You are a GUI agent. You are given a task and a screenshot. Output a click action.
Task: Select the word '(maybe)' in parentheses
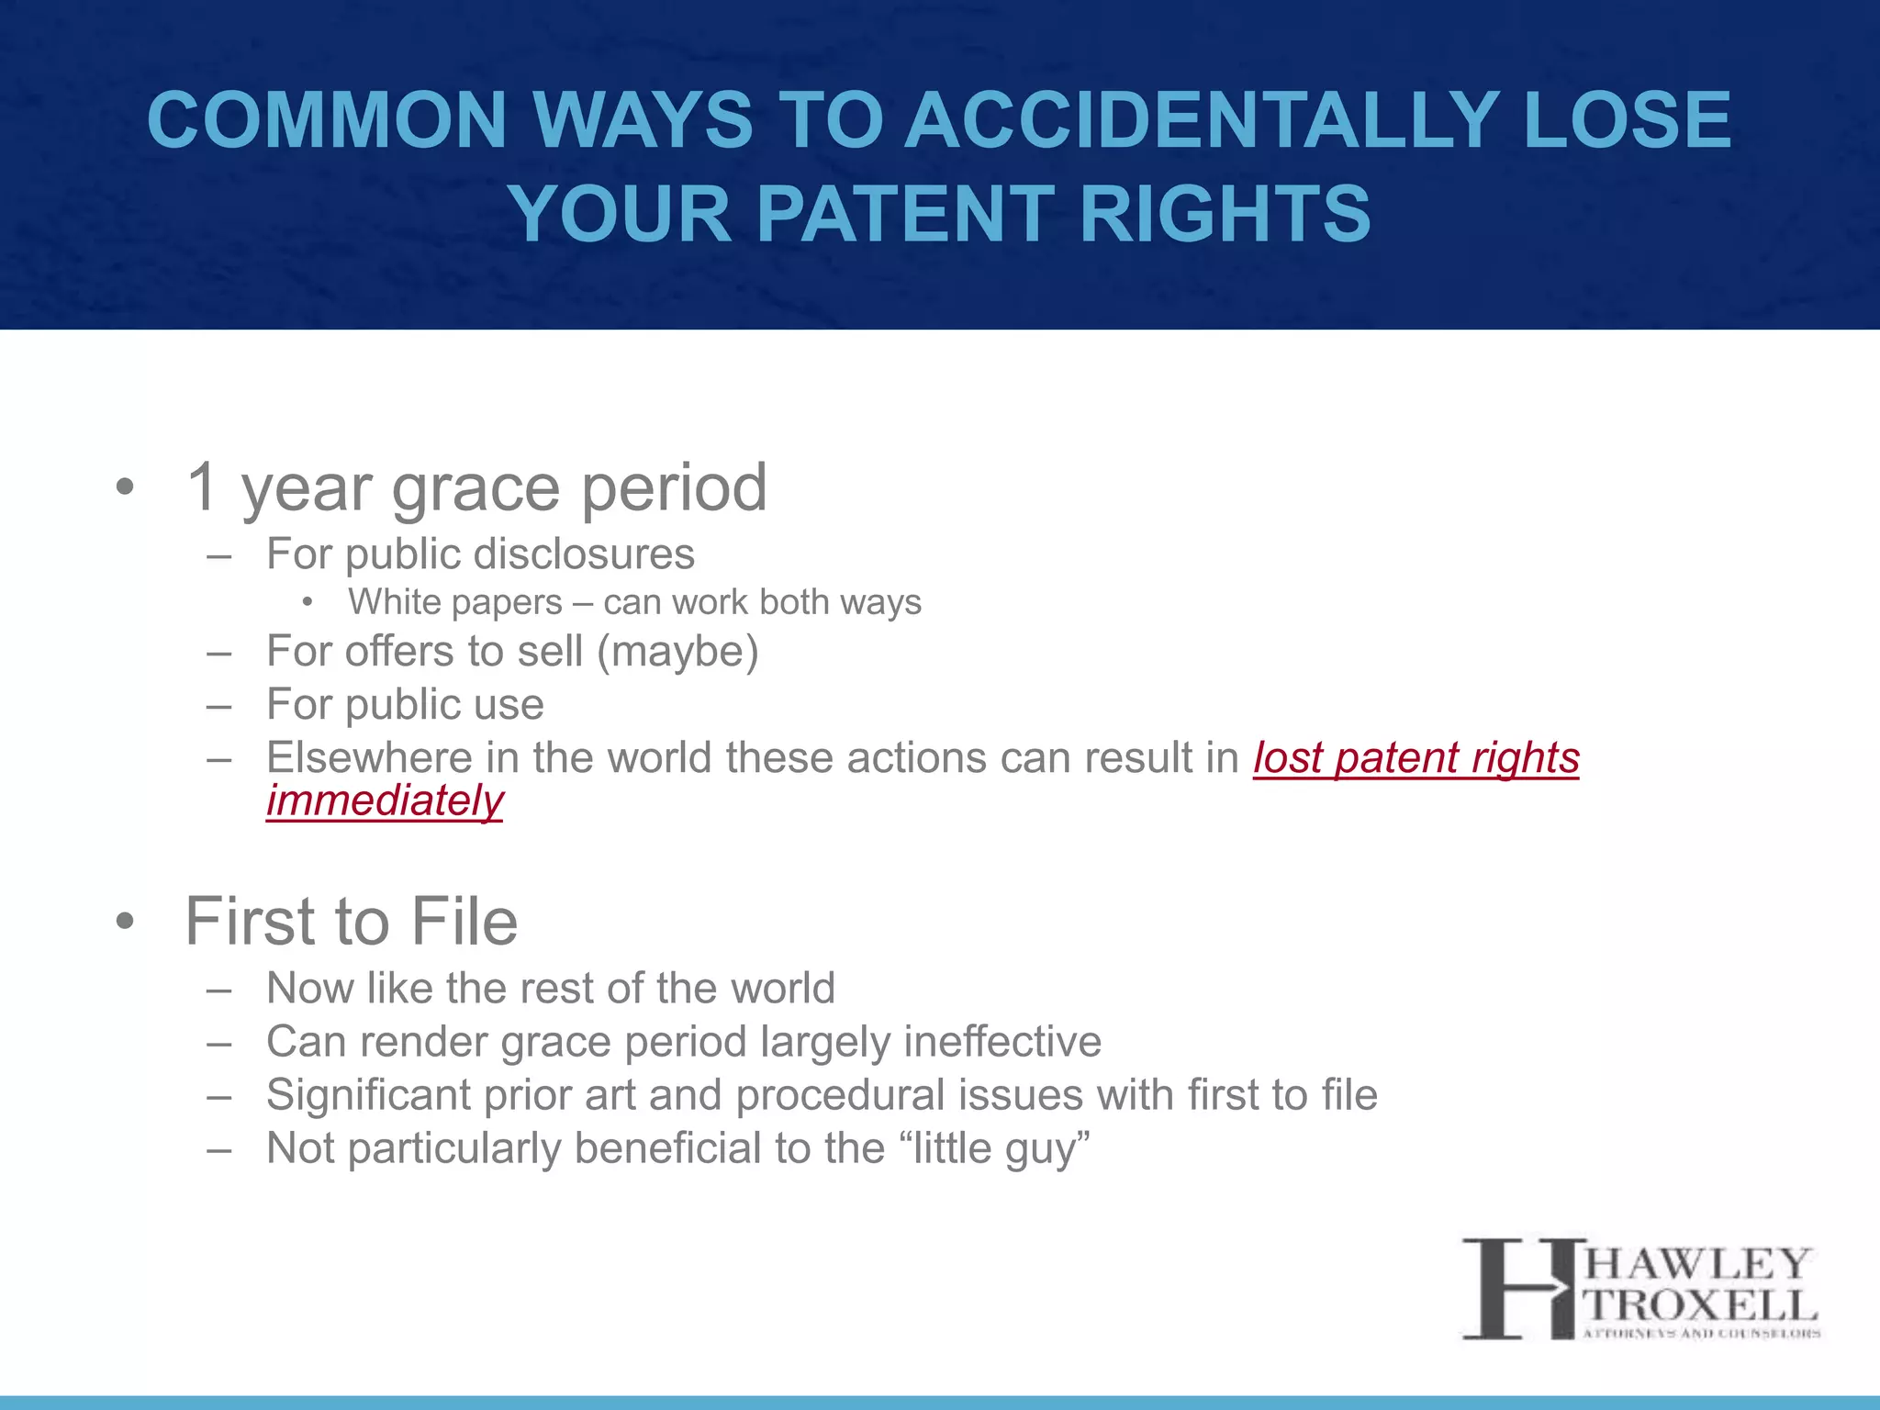pos(677,652)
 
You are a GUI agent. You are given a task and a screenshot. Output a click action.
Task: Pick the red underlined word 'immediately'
pos(385,800)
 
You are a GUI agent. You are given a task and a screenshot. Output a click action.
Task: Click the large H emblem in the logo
pos(1518,1288)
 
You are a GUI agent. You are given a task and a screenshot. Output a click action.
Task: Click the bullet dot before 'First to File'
pos(125,921)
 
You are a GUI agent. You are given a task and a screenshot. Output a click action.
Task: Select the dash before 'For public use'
pos(218,706)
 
